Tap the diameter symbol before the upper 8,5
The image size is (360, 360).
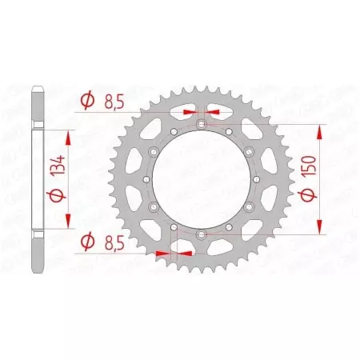pos(86,102)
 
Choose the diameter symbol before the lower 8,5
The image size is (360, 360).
pos(86,238)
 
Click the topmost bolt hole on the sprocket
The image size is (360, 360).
pos(201,124)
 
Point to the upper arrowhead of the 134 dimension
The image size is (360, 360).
pos(67,138)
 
